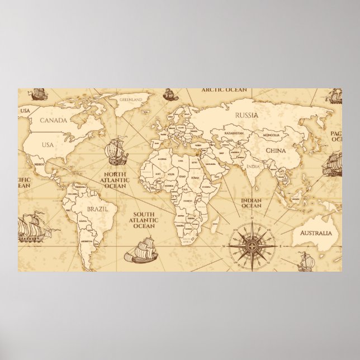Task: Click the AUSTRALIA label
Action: tap(316, 233)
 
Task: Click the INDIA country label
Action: tap(253, 167)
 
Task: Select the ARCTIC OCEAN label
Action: tap(224, 89)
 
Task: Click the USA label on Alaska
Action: tap(25, 110)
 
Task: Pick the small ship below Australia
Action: tap(305, 261)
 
